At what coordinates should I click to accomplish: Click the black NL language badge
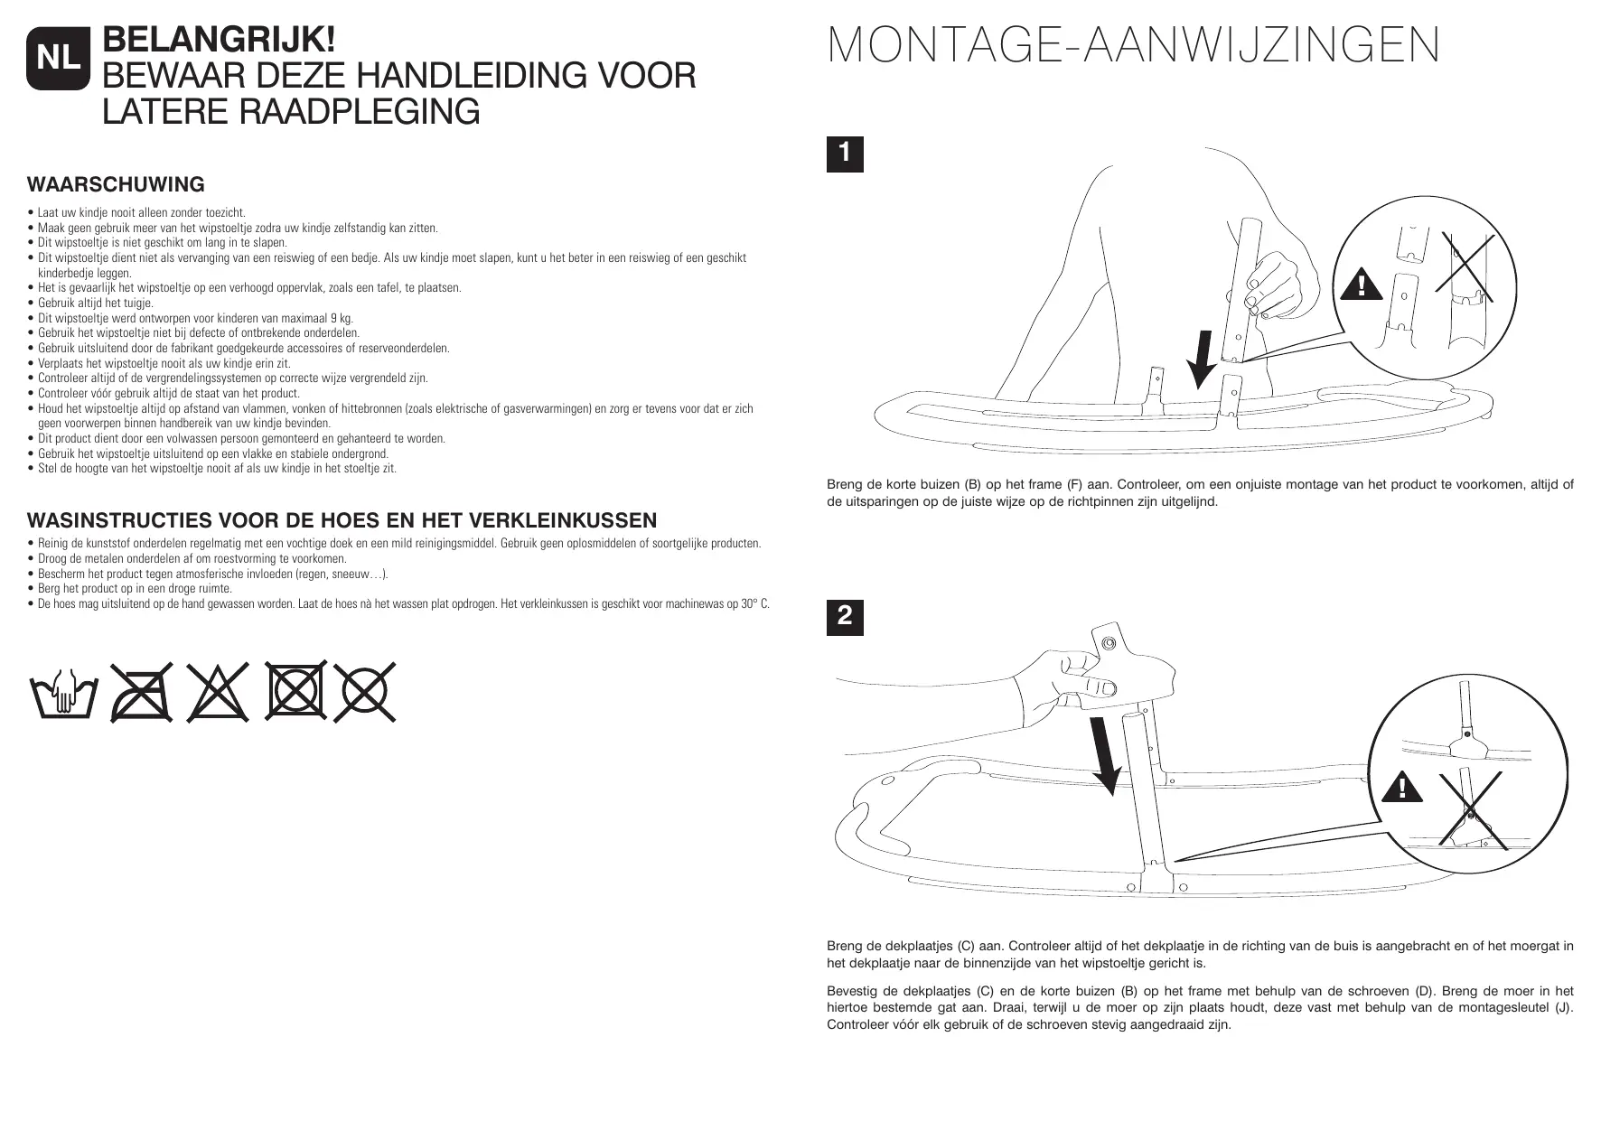click(59, 59)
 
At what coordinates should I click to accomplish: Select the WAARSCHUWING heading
click(117, 185)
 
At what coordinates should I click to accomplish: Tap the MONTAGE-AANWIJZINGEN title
click(1133, 46)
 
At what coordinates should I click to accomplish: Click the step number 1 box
click(845, 154)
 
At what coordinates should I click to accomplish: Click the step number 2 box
click(845, 616)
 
